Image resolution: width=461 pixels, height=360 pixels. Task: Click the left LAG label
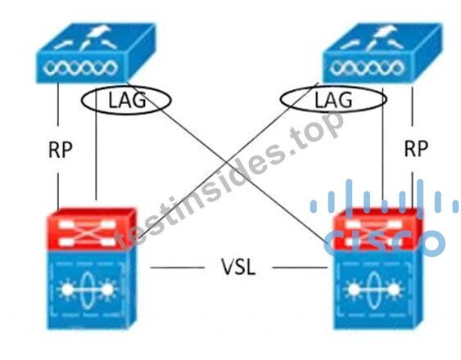click(127, 100)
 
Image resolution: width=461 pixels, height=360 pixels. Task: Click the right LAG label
click(333, 100)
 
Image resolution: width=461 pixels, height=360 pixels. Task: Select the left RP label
click(60, 149)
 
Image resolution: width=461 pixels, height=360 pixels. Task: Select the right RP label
click(416, 149)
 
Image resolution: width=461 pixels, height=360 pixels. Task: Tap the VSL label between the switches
click(238, 267)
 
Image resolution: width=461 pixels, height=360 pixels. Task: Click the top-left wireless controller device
click(96, 53)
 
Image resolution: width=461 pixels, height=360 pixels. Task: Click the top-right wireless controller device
click(382, 53)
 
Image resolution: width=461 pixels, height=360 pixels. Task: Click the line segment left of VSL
click(178, 268)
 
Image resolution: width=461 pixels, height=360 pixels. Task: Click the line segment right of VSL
click(301, 268)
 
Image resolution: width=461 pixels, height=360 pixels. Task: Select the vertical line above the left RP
click(58, 105)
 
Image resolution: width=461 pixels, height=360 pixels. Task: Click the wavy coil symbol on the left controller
click(79, 68)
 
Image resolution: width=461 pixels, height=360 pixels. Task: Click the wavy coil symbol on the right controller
click(367, 68)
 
